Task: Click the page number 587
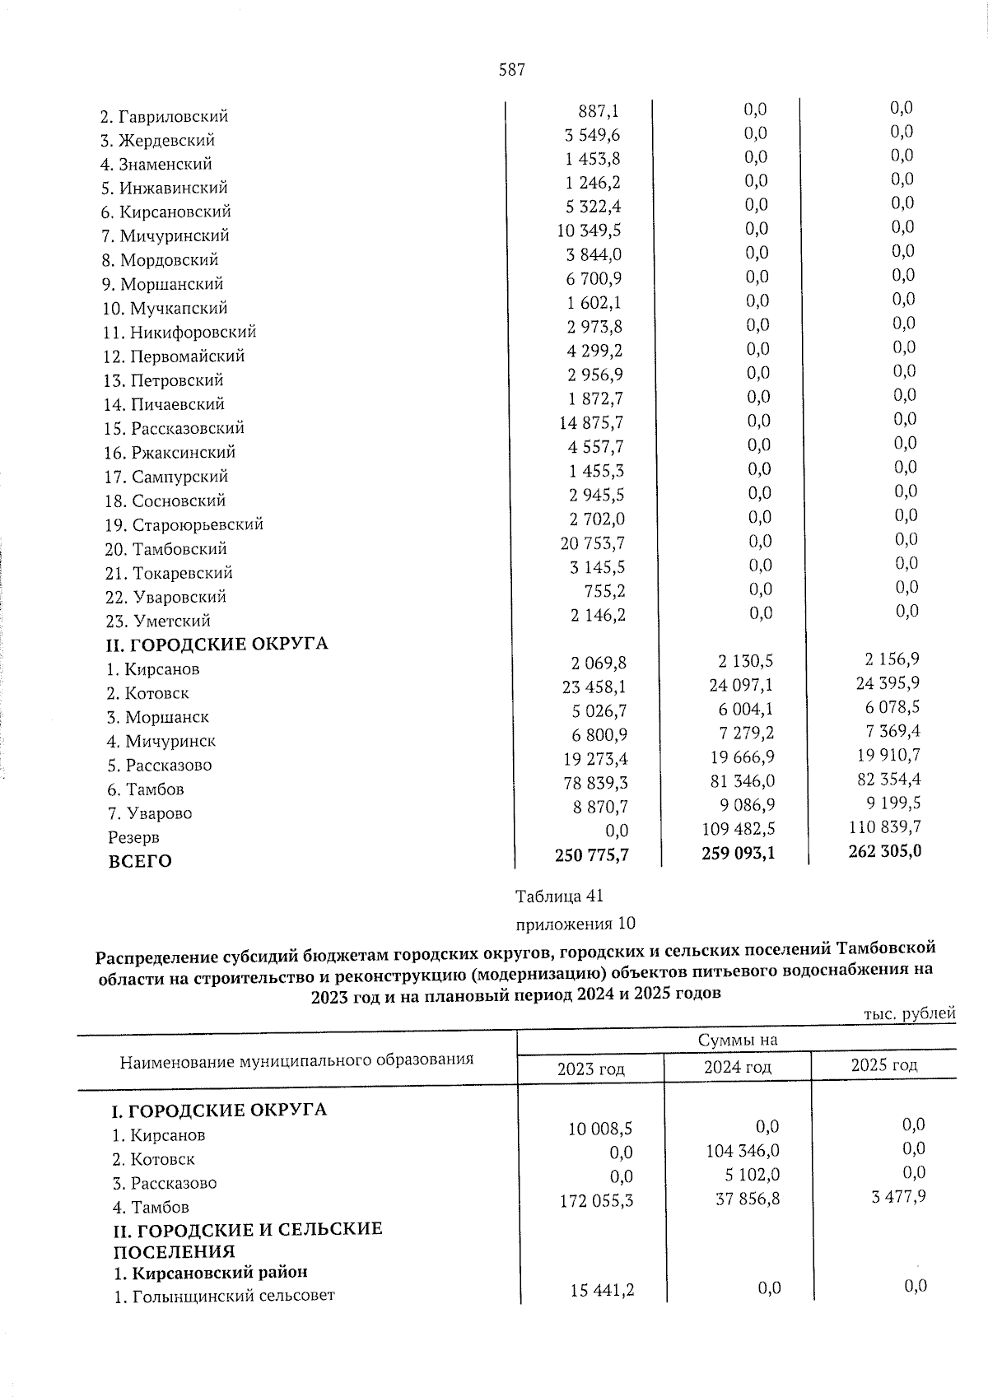511,71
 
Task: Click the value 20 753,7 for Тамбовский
592,543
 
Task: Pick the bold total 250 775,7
592,855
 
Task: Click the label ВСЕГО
140,862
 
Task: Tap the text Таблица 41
560,896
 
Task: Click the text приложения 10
576,924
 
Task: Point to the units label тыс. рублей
910,1014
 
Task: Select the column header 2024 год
738,1068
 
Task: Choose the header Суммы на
738,1040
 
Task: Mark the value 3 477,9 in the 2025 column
898,1196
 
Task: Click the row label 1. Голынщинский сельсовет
223,1297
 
